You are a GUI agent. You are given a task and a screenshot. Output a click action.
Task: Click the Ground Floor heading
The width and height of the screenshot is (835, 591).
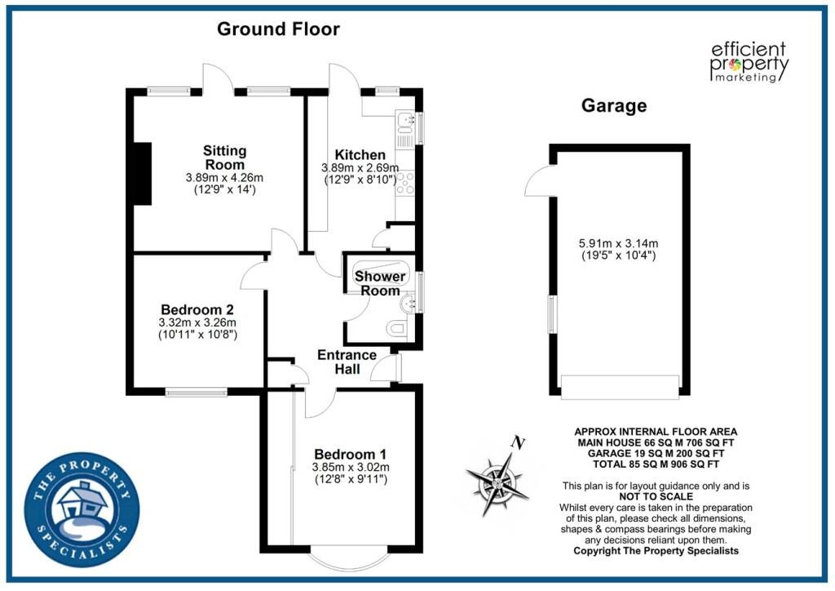click(x=278, y=29)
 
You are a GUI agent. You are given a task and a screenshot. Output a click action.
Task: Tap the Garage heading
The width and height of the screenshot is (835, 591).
click(x=614, y=105)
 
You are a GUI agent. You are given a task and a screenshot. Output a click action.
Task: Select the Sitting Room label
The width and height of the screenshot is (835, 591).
click(x=225, y=158)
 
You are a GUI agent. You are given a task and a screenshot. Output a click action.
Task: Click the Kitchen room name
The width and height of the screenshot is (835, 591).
click(x=360, y=155)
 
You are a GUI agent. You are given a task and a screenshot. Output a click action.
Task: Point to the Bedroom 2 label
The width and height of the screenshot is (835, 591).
click(x=197, y=309)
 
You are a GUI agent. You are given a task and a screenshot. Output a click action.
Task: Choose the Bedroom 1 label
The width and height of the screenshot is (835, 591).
click(x=351, y=455)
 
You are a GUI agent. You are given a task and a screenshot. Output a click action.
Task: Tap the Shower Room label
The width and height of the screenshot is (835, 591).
click(x=380, y=283)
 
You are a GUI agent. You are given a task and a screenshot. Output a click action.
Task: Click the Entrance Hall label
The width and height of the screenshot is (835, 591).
click(x=347, y=362)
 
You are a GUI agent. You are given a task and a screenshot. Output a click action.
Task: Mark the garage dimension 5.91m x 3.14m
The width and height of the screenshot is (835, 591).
click(x=618, y=243)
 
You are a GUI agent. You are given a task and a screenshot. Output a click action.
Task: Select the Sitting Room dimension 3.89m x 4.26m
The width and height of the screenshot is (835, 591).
click(x=224, y=177)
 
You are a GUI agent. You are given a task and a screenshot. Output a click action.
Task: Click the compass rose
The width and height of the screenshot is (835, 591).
click(x=498, y=484)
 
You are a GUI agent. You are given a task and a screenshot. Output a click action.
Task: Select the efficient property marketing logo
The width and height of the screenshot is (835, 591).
click(x=749, y=62)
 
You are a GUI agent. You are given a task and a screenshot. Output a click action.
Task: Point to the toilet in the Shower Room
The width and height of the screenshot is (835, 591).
click(x=397, y=327)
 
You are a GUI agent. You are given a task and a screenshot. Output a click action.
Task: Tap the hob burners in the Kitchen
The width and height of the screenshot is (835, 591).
click(x=405, y=182)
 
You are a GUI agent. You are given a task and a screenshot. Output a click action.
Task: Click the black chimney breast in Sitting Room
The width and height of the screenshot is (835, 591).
click(x=142, y=174)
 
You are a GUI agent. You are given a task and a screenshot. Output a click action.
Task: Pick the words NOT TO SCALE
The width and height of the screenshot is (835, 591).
click(x=656, y=496)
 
